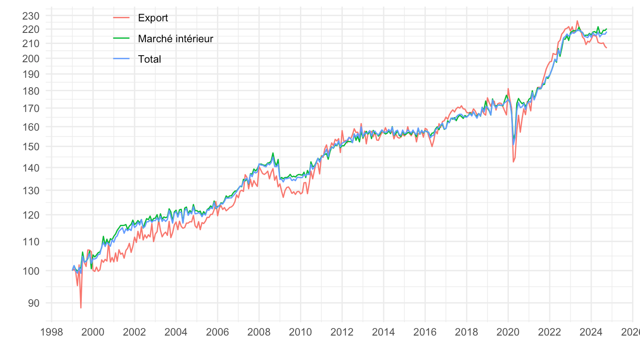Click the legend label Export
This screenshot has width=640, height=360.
[x=153, y=18]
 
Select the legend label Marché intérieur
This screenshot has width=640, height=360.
[x=176, y=39]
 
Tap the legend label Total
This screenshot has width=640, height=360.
[x=149, y=59]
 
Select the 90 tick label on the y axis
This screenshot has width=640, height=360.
[x=34, y=303]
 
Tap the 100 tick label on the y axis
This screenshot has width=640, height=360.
[x=31, y=271]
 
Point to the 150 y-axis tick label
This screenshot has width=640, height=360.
[x=31, y=147]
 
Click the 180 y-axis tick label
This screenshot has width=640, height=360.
[x=31, y=91]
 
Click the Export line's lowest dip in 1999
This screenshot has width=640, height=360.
[x=81, y=308]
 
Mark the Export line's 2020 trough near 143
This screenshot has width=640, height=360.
[x=513, y=162]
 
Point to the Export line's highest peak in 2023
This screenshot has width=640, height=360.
[x=577, y=21]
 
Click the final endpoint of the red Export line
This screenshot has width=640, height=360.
[x=606, y=48]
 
